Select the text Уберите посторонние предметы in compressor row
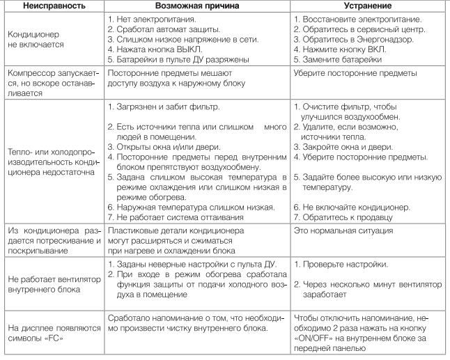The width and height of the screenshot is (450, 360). coord(355,73)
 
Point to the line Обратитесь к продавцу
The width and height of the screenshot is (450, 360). coord(348,218)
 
